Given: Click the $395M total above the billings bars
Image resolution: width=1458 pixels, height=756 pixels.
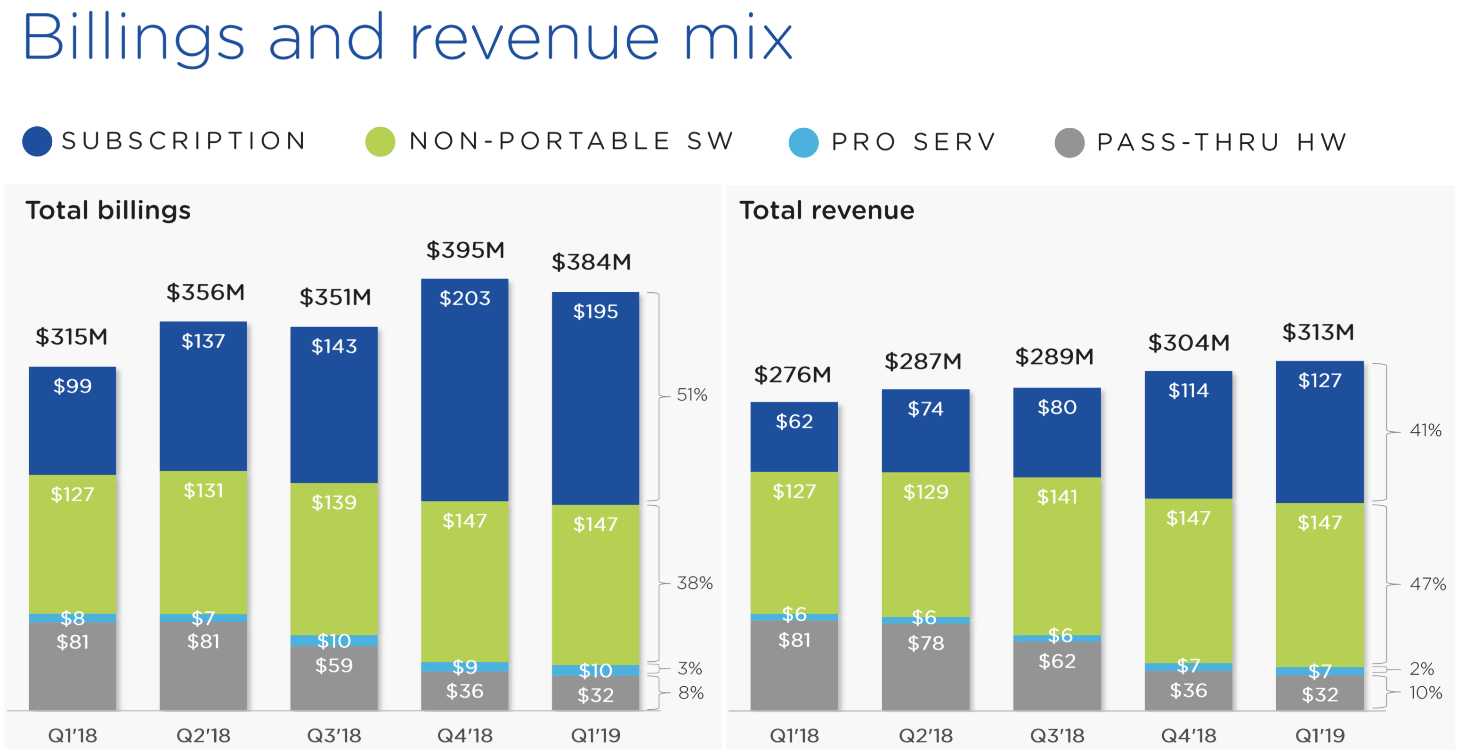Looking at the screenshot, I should click(465, 250).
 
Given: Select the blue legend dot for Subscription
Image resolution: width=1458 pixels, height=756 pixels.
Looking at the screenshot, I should click(37, 141).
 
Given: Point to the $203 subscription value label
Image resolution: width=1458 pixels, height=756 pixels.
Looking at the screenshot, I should click(465, 298).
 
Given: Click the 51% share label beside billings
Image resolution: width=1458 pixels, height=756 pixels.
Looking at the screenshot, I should click(692, 394).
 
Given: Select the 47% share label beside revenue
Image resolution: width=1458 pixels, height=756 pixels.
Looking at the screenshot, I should click(1427, 584).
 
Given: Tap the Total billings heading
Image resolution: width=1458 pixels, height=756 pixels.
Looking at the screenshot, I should click(108, 210).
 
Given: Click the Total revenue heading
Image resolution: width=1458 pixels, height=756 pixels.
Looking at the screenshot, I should click(826, 210).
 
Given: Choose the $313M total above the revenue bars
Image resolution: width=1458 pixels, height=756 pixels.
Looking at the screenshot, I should click(1318, 332).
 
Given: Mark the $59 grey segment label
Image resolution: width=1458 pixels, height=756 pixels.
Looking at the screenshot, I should click(334, 666).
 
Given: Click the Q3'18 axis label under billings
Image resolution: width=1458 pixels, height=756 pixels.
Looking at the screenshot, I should click(334, 736).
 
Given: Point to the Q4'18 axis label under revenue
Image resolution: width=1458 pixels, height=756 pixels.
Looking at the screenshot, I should click(1189, 736).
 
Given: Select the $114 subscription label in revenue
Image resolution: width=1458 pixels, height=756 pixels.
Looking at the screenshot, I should click(1188, 390).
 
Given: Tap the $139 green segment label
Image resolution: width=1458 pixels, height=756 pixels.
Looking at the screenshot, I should click(334, 502).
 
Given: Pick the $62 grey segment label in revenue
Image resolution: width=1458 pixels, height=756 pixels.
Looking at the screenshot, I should click(1057, 661).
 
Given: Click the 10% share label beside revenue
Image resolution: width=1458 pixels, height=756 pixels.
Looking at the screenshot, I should click(1425, 692).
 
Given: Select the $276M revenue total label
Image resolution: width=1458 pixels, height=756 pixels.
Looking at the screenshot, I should click(793, 374).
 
